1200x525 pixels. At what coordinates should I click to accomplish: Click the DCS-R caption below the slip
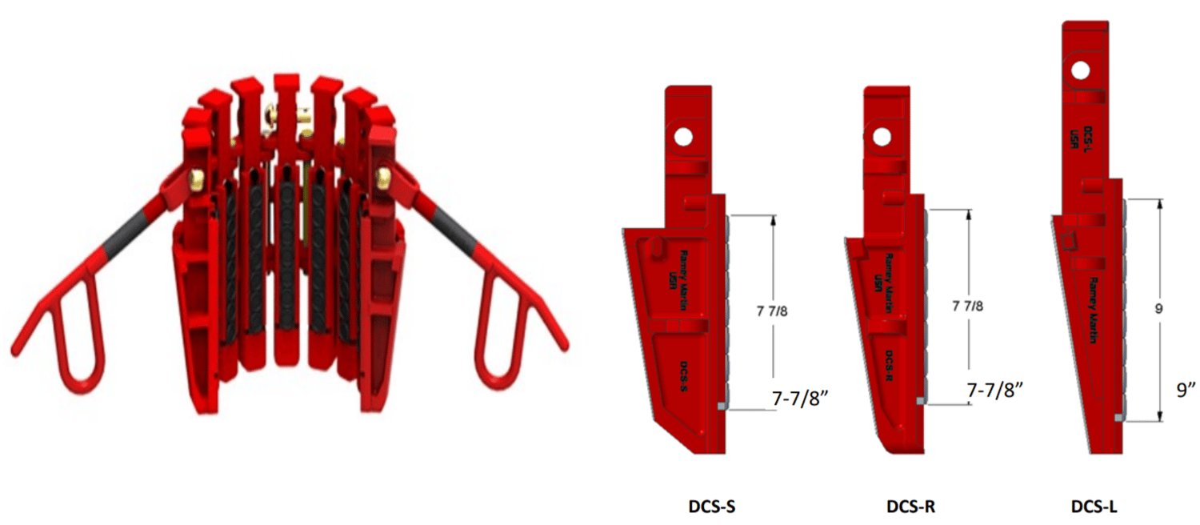pyautogui.click(x=910, y=506)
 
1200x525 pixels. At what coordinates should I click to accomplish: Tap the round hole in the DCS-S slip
pyautogui.click(x=682, y=138)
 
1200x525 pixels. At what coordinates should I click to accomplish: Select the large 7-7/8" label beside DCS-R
pyautogui.click(x=995, y=391)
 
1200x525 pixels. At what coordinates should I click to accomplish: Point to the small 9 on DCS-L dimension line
pyautogui.click(x=1158, y=308)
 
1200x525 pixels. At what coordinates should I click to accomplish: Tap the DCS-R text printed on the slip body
pyautogui.click(x=890, y=369)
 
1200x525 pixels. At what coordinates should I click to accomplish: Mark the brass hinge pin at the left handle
pyautogui.click(x=197, y=175)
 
